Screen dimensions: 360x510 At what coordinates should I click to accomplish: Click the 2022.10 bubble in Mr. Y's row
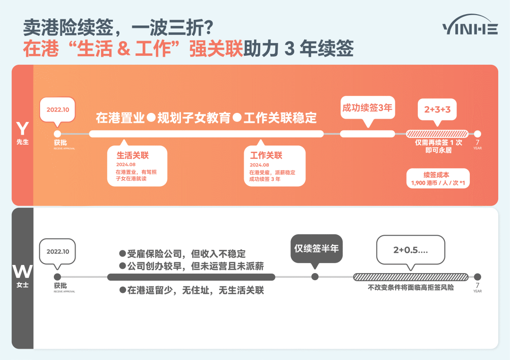click(x=58, y=110)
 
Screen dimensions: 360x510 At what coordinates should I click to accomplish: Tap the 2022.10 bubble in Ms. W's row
click(x=58, y=251)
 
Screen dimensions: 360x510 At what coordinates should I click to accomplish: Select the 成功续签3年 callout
click(x=367, y=108)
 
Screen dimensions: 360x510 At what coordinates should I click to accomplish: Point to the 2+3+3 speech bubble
click(x=437, y=110)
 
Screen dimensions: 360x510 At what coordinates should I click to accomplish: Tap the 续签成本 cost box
click(x=437, y=179)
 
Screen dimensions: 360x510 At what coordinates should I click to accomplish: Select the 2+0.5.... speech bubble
click(x=410, y=250)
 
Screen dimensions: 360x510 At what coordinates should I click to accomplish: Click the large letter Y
click(x=22, y=129)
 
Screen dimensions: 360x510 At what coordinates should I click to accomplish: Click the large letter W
click(x=22, y=272)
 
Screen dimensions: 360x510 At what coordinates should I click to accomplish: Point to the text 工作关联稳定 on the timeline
click(x=280, y=118)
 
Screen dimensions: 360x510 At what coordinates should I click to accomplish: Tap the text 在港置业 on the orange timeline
click(x=120, y=118)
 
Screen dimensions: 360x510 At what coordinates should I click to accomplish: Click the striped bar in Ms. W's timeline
click(x=411, y=277)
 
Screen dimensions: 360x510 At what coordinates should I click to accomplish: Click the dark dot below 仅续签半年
click(x=315, y=277)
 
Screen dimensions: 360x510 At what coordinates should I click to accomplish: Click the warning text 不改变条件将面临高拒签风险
click(x=411, y=287)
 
